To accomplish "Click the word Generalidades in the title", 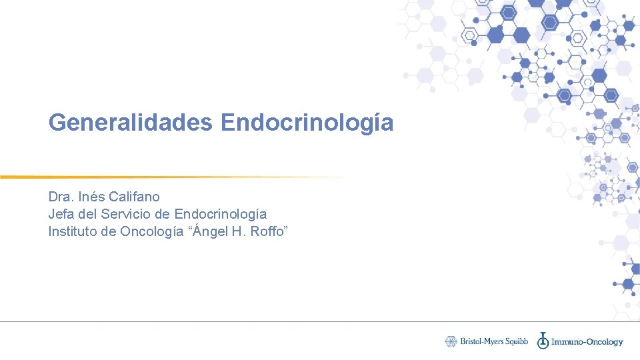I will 130,122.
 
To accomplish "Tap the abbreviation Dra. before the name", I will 60,197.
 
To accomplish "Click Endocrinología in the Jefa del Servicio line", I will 220,215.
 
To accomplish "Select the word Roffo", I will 269,231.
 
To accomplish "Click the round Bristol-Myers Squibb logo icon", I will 451,341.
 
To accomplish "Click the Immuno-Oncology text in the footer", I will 587,342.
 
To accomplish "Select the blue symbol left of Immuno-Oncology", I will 543,340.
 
